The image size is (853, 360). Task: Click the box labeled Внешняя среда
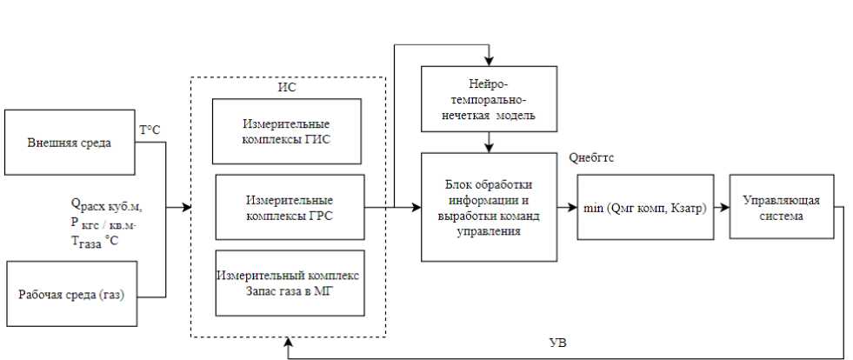[x=70, y=143]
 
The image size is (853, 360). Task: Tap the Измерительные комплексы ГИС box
[x=289, y=131]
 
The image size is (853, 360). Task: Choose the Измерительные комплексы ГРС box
[x=289, y=207]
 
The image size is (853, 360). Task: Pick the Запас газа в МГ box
[x=289, y=283]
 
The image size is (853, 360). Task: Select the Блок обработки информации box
[x=488, y=207]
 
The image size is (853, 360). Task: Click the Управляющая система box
[x=773, y=208]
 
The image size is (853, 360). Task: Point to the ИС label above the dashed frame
[x=286, y=85]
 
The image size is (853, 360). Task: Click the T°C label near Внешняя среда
[x=149, y=130]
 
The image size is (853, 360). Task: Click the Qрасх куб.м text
[x=106, y=206]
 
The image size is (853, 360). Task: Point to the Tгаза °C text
[x=93, y=241]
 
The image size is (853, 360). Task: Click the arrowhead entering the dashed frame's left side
[x=186, y=208]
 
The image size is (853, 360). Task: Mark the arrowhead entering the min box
[x=572, y=208]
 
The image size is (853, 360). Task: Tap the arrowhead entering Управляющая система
[x=724, y=208]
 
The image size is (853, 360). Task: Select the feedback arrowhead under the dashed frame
[x=288, y=347]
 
